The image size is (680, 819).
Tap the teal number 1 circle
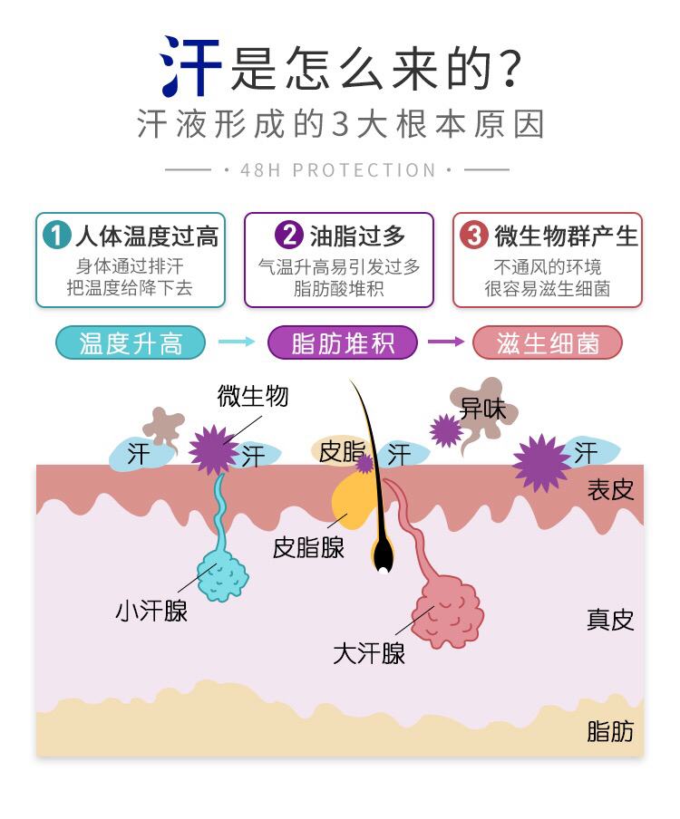pos(56,236)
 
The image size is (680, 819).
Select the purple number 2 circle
pos(288,236)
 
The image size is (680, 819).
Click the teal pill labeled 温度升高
pos(131,342)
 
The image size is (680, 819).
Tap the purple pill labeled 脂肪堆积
pos(342,342)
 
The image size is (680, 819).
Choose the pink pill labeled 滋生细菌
pos(548,342)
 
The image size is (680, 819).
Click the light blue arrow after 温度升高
pos(237,342)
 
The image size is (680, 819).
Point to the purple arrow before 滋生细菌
pos(445,342)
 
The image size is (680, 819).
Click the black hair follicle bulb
pos(384,555)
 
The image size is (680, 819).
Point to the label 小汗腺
pos(151,612)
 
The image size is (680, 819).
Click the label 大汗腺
pos(368,653)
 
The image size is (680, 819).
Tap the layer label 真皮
pos(609,620)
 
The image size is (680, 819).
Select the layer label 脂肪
pos(609,730)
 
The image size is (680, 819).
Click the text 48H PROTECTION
pos(338,170)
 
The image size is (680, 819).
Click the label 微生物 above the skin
pos(253,395)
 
